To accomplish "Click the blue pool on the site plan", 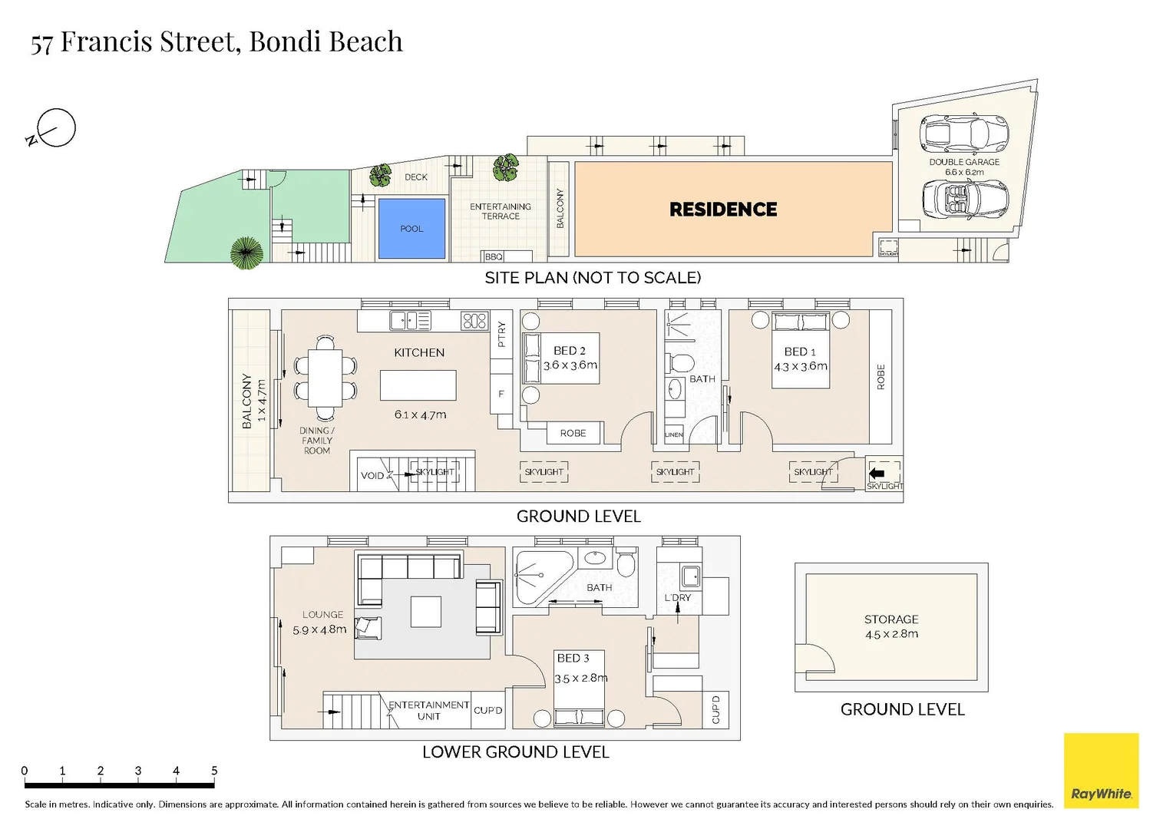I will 411,228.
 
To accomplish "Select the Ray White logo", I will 1101,771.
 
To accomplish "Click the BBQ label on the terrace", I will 494,256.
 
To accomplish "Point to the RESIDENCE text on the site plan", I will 723,210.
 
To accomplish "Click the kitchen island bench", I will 418,385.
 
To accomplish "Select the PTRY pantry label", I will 501,334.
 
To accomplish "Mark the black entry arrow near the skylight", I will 877,473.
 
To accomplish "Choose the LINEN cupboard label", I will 674,434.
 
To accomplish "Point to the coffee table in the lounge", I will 426,612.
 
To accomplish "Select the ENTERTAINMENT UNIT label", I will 428,710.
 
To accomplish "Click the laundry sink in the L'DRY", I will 691,576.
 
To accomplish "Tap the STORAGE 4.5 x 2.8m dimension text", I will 891,634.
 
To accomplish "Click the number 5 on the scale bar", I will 214,771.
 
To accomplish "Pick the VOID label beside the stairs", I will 372,476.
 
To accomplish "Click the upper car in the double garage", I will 963,132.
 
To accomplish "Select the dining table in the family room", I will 325,378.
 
